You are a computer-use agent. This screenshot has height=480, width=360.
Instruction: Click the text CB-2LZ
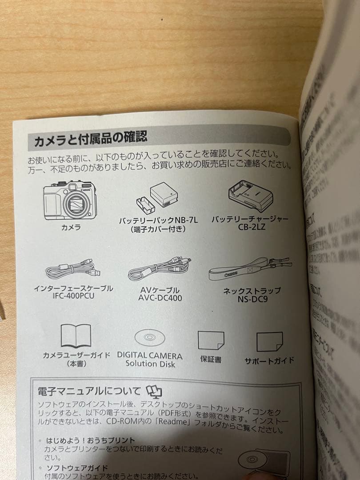[x=251, y=228]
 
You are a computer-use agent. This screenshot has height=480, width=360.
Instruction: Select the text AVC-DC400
[x=160, y=298]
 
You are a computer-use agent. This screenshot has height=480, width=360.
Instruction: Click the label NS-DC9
[x=252, y=299]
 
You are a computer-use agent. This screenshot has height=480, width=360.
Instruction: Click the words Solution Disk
[x=150, y=364]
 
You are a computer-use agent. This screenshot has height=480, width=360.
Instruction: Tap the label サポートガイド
[x=269, y=360]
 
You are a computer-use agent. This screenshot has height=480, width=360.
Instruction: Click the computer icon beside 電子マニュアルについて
[x=154, y=392]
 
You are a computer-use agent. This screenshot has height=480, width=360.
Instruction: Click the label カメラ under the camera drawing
[x=71, y=227]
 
